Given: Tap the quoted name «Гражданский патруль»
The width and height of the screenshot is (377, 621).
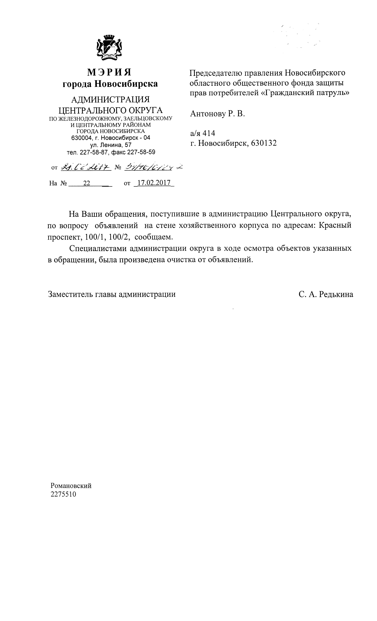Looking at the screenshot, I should click(304, 93).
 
